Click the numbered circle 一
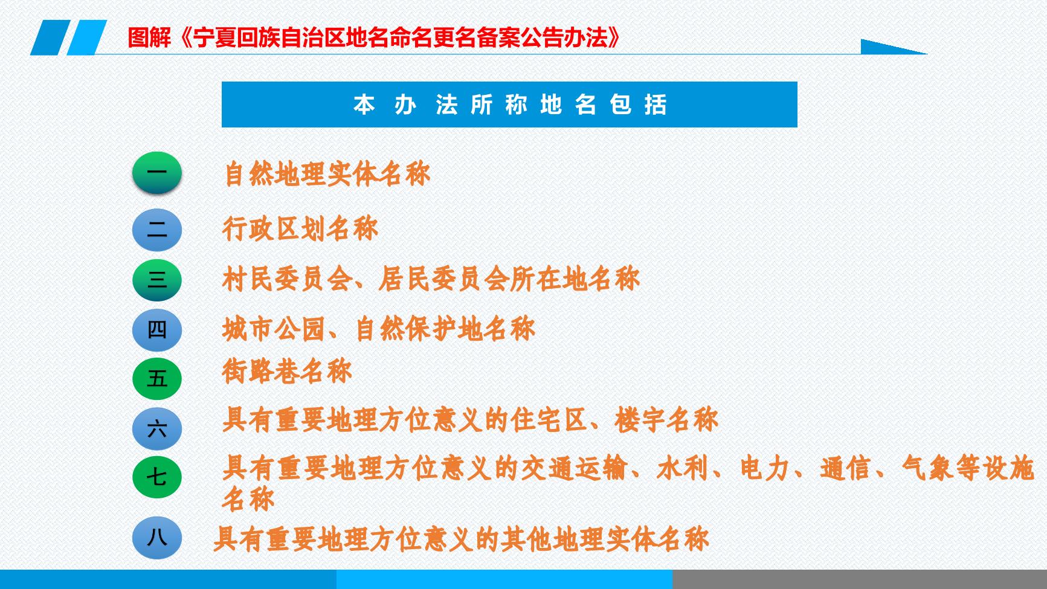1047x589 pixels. pos(157,173)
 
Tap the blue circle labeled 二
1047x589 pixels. pos(157,230)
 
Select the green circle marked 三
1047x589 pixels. pos(157,280)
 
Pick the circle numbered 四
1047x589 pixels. pos(157,330)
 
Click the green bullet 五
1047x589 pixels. pos(157,379)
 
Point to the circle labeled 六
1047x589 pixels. pos(157,429)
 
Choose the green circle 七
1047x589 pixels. pos(157,477)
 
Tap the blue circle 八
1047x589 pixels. pos(157,537)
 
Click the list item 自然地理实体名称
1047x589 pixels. pos(327,174)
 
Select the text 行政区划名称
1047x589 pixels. pos(300,229)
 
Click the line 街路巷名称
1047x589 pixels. pos(287,371)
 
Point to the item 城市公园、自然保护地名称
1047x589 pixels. pos(379,329)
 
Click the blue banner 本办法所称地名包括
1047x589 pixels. pos(509,105)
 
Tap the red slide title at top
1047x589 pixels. pos(375,37)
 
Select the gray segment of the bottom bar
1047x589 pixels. pos(860,579)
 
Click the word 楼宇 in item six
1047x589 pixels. pos(640,420)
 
